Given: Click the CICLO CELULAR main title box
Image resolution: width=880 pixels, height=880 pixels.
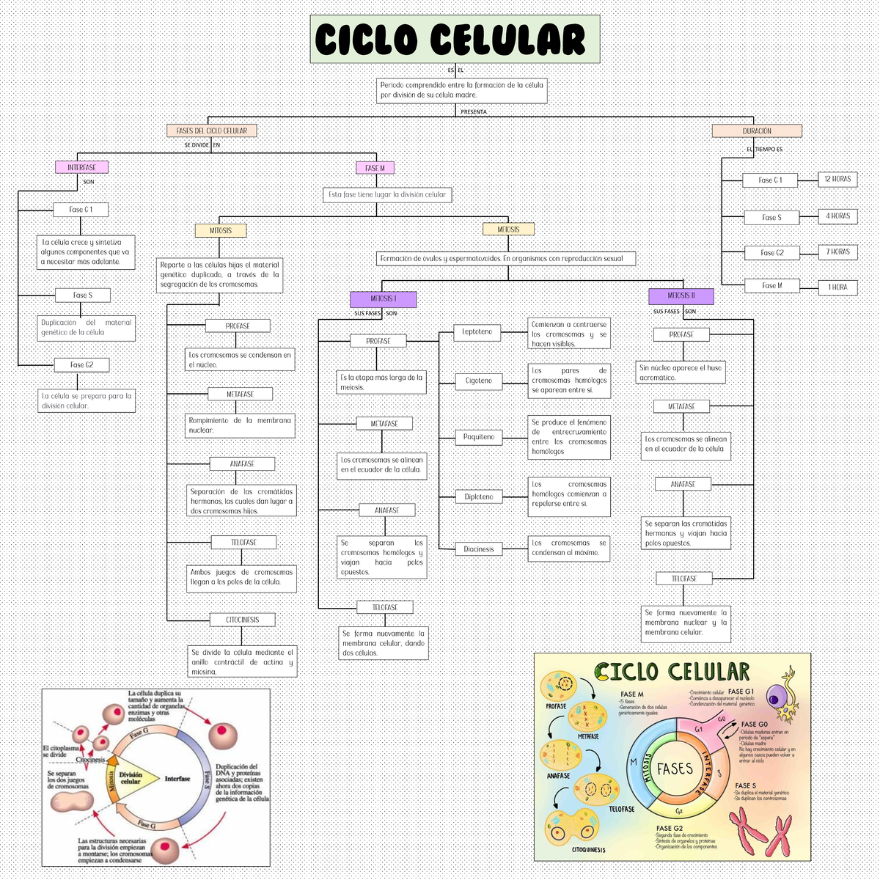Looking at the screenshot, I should click(455, 39).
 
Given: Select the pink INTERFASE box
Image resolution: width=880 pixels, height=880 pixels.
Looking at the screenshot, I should click(81, 167).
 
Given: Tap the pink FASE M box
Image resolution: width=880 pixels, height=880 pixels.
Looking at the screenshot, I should click(375, 168).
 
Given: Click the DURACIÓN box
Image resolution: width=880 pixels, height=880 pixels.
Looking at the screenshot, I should click(757, 131).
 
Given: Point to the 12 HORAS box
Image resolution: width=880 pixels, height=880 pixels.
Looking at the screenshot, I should click(837, 179).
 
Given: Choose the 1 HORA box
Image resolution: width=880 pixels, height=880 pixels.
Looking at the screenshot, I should click(837, 287).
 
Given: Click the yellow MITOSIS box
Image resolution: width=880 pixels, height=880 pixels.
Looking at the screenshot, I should click(220, 230).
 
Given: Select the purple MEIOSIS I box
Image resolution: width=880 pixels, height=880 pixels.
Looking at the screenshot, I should click(383, 299).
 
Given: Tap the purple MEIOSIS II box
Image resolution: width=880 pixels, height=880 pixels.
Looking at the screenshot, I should click(681, 296).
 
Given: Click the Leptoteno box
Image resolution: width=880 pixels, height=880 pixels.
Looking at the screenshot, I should click(477, 332).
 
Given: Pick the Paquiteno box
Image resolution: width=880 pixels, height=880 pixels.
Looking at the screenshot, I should click(479, 437).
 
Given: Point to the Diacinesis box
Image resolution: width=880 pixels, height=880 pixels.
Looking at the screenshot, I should click(478, 549).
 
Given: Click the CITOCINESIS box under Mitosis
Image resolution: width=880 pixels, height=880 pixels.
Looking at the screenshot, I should click(243, 620).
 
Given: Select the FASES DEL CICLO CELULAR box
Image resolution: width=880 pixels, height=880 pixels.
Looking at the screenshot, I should click(212, 131).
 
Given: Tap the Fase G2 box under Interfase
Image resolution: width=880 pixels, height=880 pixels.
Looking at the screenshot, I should click(81, 364).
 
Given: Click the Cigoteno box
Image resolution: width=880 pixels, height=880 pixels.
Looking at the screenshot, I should click(479, 381).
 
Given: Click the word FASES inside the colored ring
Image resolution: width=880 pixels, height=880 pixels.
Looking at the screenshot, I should click(675, 769).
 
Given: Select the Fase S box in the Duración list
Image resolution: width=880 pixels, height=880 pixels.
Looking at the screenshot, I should click(771, 217).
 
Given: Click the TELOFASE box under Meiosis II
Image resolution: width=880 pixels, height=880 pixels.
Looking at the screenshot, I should click(683, 579).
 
